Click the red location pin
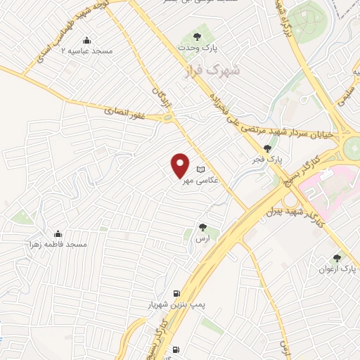tap(180, 165)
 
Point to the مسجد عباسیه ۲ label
tap(86, 51)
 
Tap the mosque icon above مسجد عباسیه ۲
tap(86, 39)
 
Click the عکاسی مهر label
tap(201, 181)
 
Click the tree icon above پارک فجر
tap(267, 148)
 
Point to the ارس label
tap(203, 238)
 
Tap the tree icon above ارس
tap(202, 226)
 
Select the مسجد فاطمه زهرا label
tap(58, 244)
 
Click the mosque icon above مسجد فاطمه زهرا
tap(58, 233)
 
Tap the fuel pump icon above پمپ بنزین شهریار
tap(175, 293)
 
